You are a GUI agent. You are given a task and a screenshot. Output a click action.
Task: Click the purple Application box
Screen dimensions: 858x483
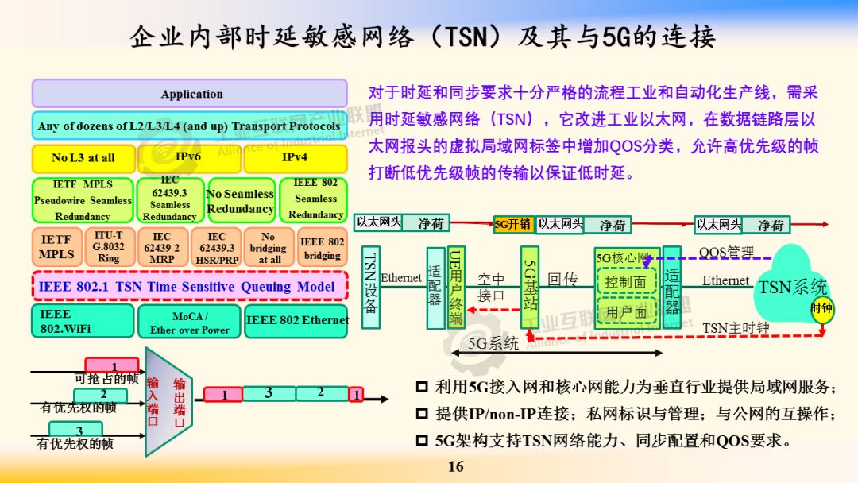[x=189, y=93]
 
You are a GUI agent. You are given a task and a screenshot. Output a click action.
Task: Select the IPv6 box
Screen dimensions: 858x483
[x=188, y=158]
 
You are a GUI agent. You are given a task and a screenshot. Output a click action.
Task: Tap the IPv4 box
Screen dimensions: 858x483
[x=295, y=158]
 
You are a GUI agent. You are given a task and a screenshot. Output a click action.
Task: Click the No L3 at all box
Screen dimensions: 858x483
[x=83, y=158]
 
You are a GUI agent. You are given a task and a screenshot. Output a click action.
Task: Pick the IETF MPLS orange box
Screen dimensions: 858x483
[x=57, y=247]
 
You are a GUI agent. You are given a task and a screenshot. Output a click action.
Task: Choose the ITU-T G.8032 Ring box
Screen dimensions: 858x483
[x=108, y=247]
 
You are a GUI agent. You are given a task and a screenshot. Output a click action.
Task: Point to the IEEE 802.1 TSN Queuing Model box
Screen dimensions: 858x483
[x=189, y=286]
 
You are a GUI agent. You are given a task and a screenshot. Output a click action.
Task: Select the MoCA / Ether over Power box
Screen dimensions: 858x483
[x=189, y=322]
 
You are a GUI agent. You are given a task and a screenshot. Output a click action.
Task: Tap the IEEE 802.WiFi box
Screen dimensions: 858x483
[x=83, y=321]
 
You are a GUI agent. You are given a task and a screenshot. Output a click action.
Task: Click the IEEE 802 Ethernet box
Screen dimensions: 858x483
[x=297, y=321]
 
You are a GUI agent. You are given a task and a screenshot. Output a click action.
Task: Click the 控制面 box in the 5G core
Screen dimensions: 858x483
[x=625, y=282]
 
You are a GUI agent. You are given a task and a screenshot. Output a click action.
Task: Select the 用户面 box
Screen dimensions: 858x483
[x=625, y=312]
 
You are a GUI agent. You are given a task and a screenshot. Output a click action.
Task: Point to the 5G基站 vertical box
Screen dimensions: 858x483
[x=530, y=287]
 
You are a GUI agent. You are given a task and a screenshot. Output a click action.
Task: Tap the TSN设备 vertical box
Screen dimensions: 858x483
[x=370, y=287]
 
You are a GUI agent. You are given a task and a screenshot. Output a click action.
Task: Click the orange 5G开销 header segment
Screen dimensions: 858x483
[x=513, y=225]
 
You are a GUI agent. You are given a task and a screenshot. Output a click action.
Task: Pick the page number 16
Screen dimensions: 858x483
[x=455, y=466]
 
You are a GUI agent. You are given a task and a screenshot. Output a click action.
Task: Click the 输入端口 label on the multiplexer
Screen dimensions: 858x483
[x=153, y=400]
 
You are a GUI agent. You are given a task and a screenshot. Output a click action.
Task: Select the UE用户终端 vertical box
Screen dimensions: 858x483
[x=456, y=287]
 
